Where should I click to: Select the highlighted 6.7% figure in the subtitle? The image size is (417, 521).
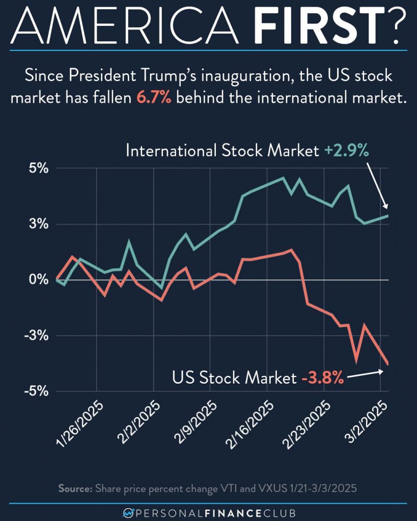(154, 98)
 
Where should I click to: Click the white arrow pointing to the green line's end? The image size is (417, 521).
(378, 186)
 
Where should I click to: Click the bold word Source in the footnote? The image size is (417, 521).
(74, 488)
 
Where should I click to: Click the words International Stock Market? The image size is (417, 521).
(222, 151)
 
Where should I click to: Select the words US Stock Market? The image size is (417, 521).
(234, 379)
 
